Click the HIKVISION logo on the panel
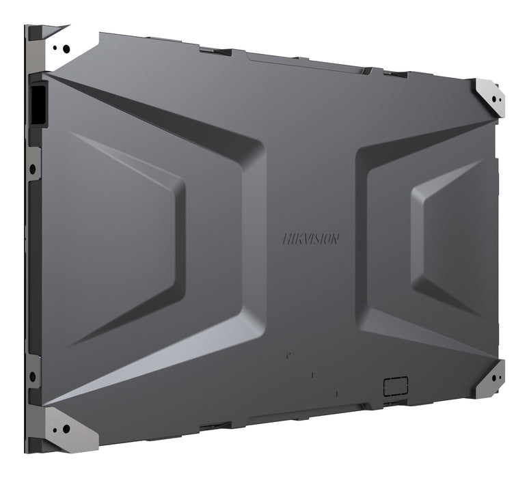click(310, 238)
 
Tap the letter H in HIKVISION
click(286, 238)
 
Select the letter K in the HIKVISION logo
click(297, 238)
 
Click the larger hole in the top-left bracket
click(66, 48)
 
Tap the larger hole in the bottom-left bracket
click(66, 429)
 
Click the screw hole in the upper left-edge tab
click(31, 169)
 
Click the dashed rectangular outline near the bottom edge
click(395, 385)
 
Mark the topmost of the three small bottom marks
click(288, 355)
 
